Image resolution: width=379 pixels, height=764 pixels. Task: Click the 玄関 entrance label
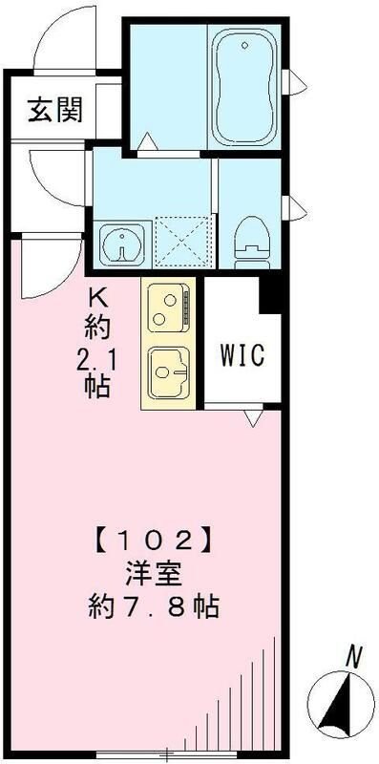coord(53,110)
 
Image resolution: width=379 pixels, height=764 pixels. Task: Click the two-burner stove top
coord(169,308)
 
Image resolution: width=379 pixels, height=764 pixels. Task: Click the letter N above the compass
coord(353,656)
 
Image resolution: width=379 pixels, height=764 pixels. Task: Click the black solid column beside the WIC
coord(274,296)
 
